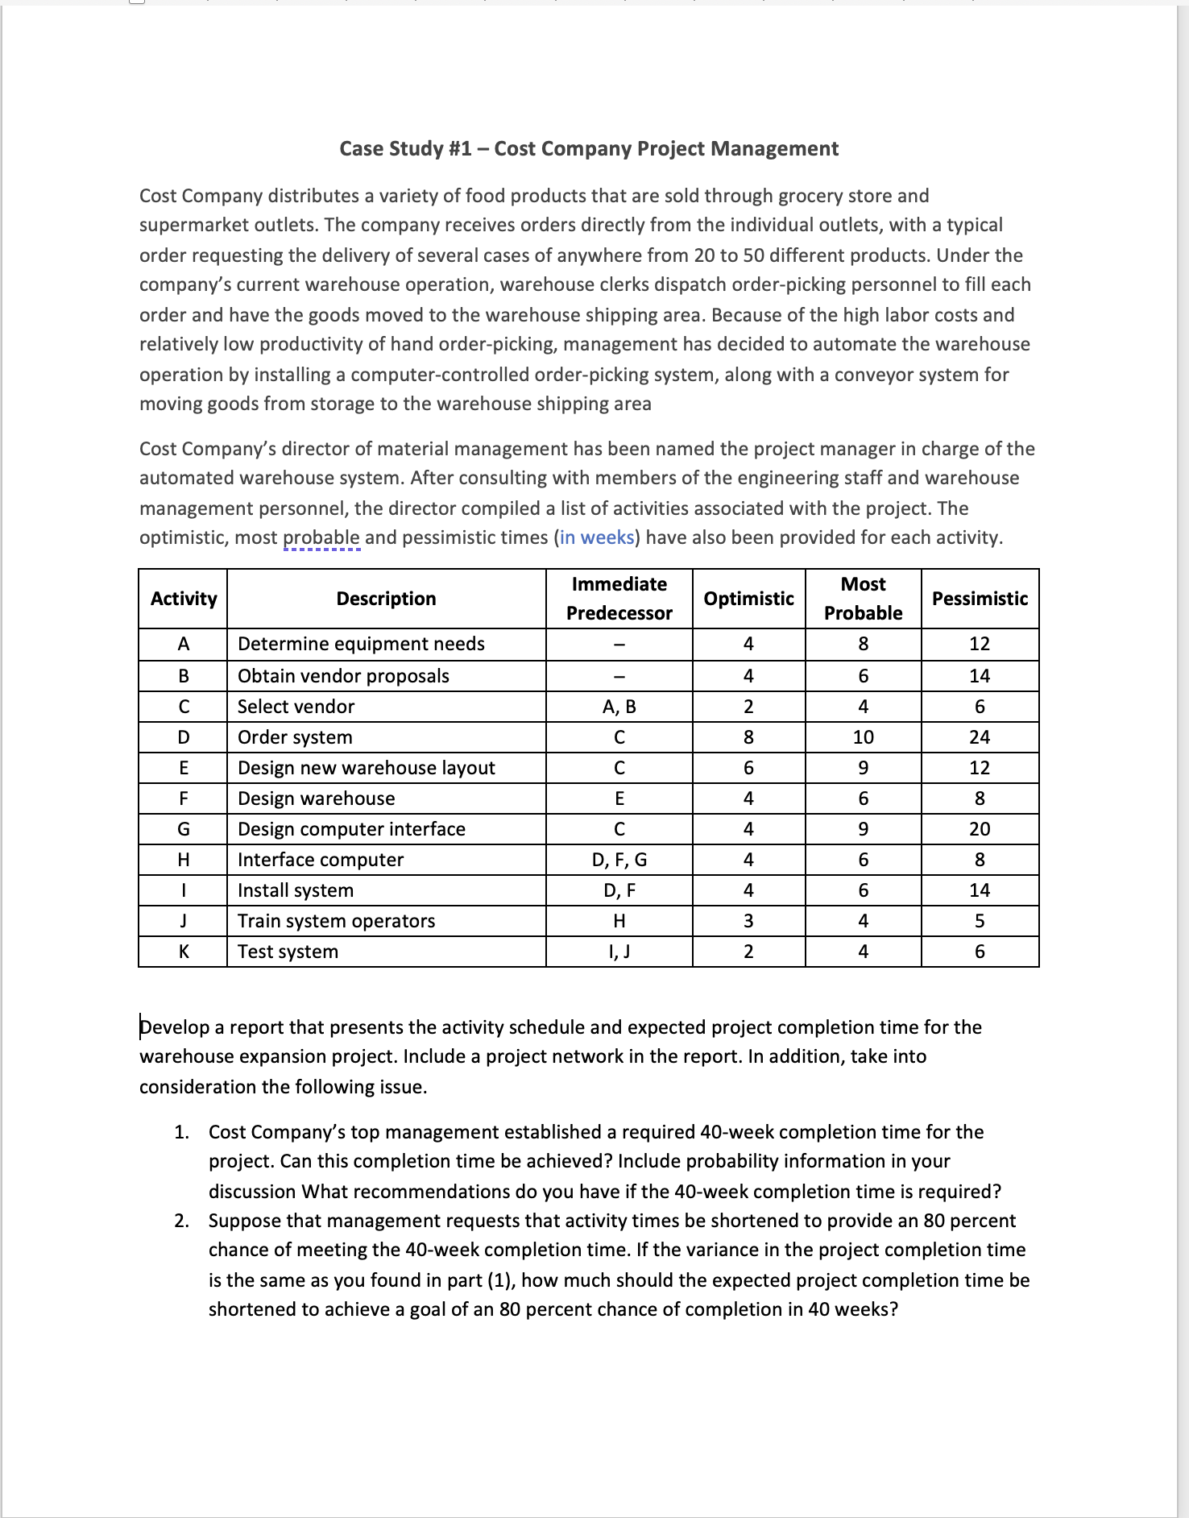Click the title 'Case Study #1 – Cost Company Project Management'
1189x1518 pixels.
(589, 149)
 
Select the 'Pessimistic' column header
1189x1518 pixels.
(980, 599)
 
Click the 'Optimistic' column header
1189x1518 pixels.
(748, 599)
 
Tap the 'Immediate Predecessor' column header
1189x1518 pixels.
(619, 599)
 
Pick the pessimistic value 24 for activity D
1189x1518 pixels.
(980, 737)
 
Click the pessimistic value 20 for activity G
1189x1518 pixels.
(980, 829)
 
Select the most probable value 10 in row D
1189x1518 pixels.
(863, 737)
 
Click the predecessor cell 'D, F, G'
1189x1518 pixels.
(619, 860)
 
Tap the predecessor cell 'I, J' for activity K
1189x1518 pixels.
(619, 952)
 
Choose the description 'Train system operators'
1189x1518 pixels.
(336, 921)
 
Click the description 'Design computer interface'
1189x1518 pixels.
(351, 829)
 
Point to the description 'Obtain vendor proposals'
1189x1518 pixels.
(343, 676)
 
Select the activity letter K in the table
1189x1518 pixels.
(184, 952)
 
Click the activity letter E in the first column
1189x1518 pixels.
(184, 768)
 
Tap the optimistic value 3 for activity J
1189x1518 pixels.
(748, 921)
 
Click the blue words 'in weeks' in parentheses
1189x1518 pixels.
(597, 537)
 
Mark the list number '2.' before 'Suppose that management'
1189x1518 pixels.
(182, 1221)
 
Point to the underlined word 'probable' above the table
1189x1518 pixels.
(321, 537)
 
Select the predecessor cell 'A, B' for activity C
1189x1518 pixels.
(619, 707)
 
